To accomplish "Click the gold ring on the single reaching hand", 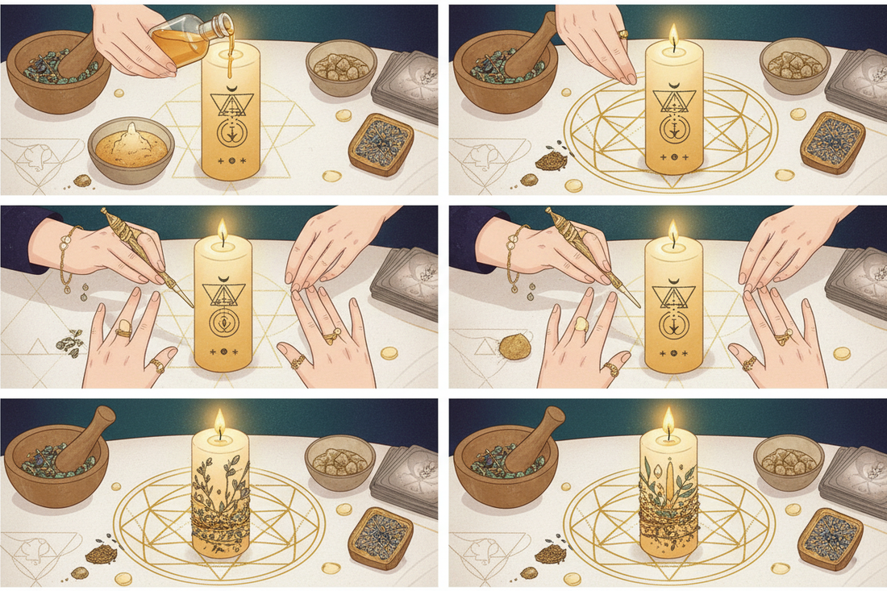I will coord(623,35).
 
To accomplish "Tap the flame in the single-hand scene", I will coord(673,34).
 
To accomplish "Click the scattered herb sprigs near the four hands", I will coord(69,342).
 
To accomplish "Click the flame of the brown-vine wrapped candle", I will coord(219,419).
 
